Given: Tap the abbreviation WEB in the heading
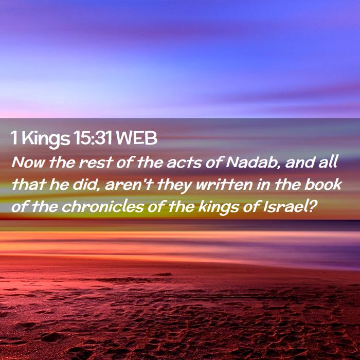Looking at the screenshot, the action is point(137,138).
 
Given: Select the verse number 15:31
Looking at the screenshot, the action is point(93,138).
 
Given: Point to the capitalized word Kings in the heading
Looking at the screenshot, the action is point(46,139).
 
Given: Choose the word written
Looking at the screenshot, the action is point(224,185).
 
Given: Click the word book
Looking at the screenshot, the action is point(323,184).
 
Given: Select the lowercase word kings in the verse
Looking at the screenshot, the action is point(219,208).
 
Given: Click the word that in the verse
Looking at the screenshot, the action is point(28,184).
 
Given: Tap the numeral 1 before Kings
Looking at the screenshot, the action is point(14,138).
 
